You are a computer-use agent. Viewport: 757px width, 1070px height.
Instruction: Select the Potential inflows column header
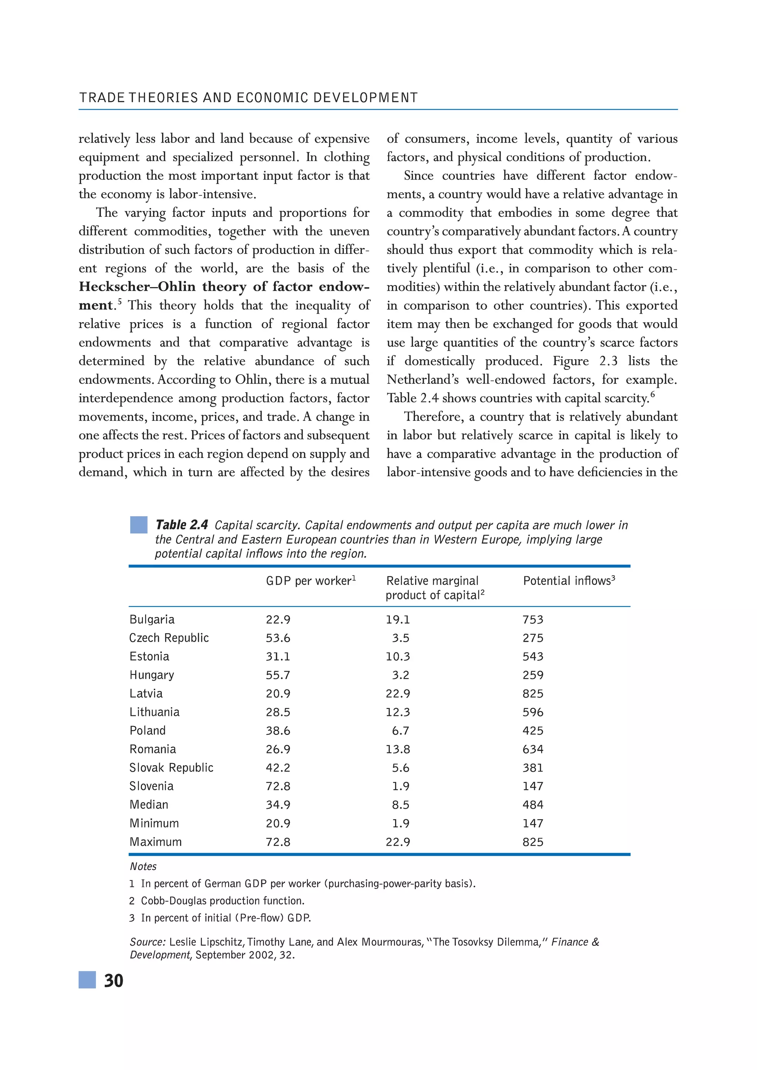tap(569, 581)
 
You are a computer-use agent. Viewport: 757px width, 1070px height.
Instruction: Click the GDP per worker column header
tap(310, 581)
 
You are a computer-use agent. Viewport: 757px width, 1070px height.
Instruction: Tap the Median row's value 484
tap(533, 804)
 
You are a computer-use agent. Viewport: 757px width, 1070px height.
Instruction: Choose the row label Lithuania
tap(154, 712)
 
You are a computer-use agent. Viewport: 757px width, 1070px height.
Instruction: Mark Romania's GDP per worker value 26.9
tap(278, 749)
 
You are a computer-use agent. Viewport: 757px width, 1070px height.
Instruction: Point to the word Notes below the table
tap(143, 866)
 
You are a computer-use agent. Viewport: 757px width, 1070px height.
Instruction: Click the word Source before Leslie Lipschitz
tap(147, 942)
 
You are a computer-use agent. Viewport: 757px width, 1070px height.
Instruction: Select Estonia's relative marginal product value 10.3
tap(398, 656)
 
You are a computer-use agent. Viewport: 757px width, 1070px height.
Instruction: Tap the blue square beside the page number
tap(87, 980)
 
